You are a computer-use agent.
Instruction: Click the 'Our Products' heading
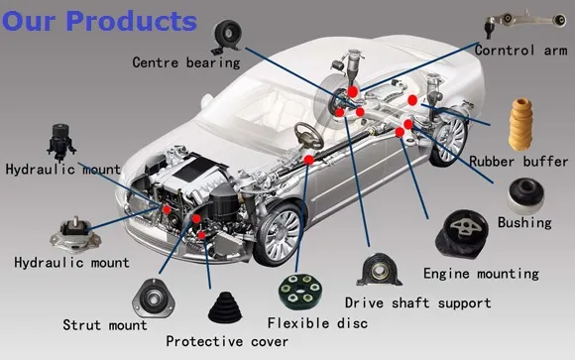tap(99, 20)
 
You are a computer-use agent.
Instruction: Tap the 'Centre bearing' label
tap(186, 62)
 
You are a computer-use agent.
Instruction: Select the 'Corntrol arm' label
tap(520, 50)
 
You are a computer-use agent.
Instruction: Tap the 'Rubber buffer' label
tap(518, 161)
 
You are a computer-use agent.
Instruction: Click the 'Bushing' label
tap(524, 222)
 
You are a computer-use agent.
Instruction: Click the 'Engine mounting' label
tap(481, 273)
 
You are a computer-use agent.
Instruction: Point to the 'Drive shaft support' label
tap(417, 301)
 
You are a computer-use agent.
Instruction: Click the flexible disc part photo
tap(300, 290)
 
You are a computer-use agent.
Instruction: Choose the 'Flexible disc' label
tap(317, 323)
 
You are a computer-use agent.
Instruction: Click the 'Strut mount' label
tap(105, 324)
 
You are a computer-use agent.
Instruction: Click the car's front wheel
tap(279, 234)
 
